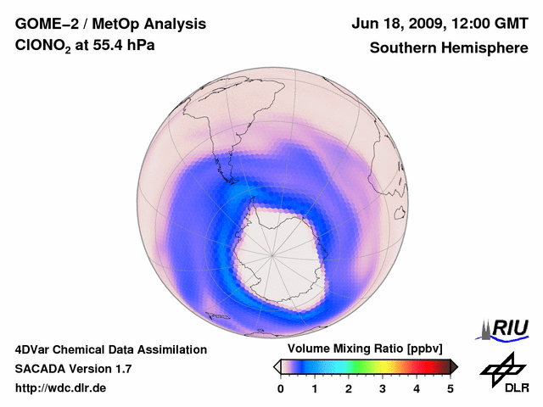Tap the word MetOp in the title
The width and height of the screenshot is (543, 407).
119,25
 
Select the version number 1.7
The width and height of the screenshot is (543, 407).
122,369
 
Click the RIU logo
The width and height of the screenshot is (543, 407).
506,328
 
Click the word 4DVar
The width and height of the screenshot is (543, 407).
35,349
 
